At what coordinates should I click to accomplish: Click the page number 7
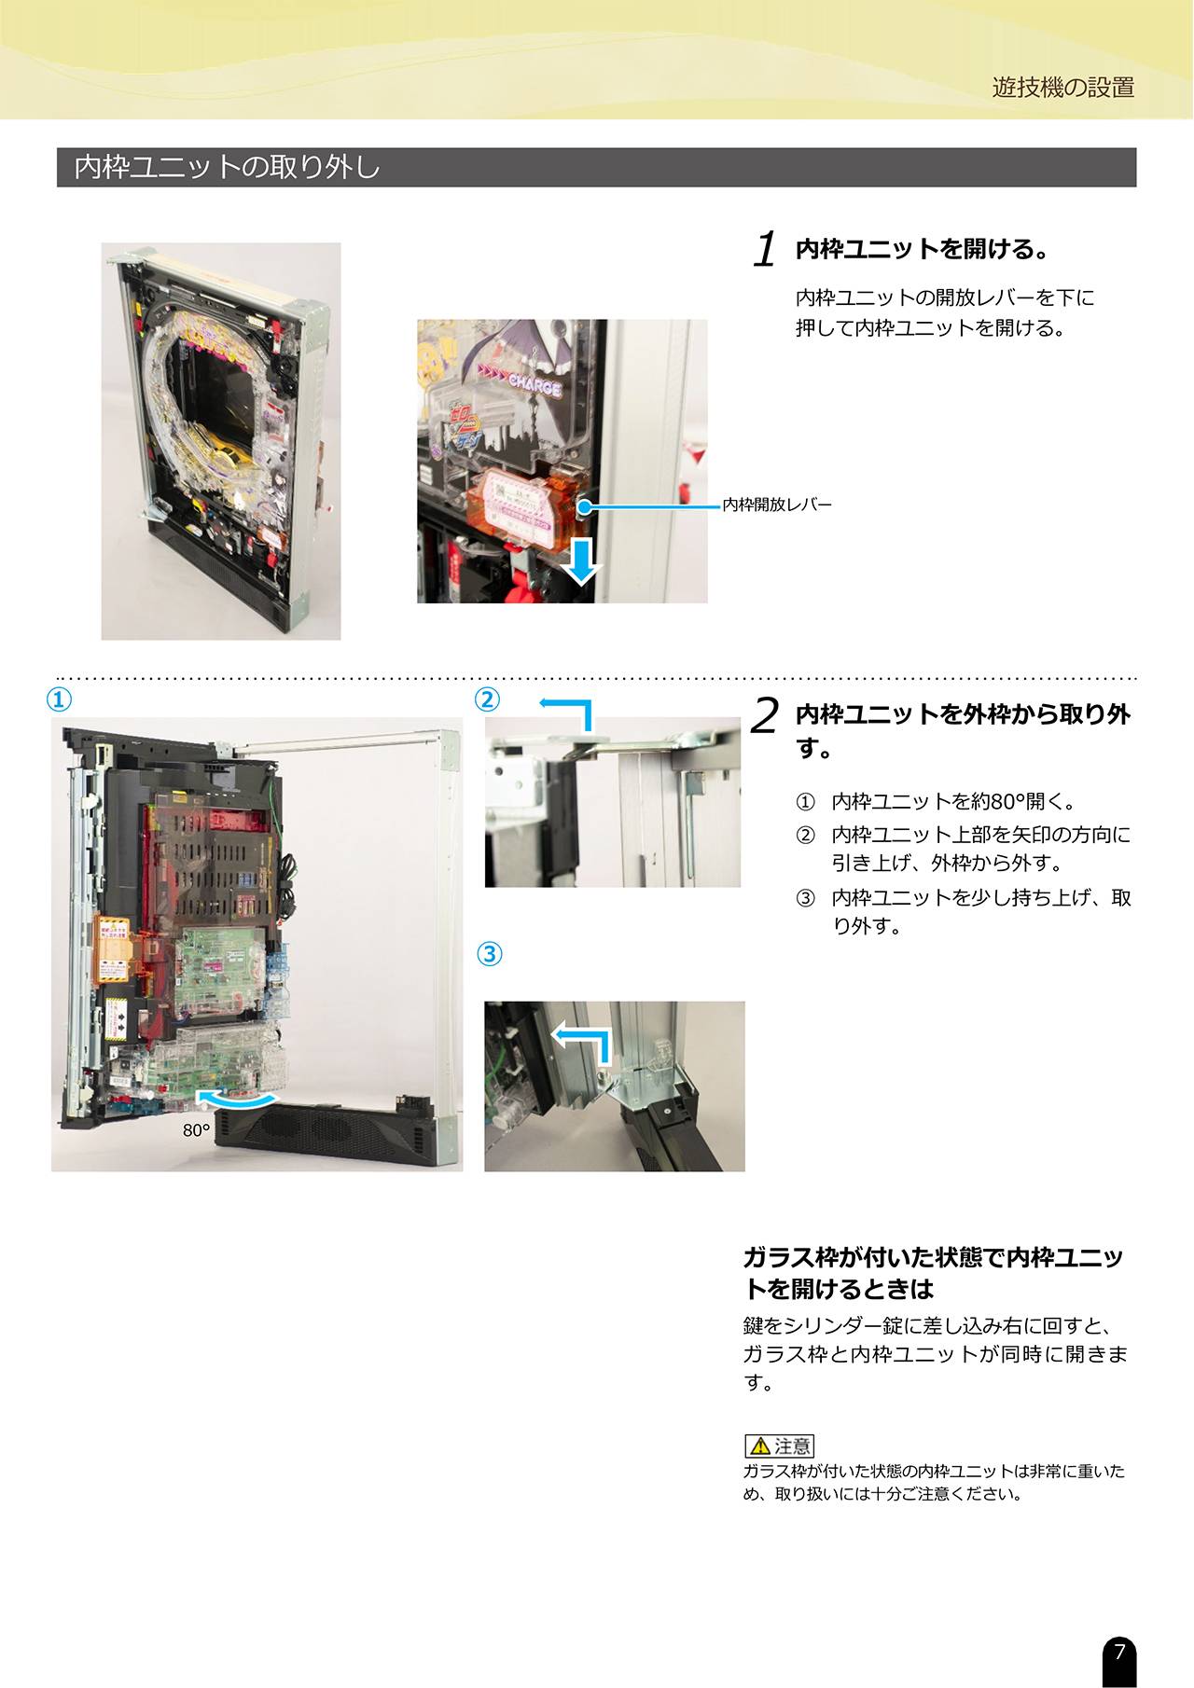(x=1119, y=1651)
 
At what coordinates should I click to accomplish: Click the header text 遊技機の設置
(x=1063, y=88)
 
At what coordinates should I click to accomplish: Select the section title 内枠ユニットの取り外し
(x=227, y=167)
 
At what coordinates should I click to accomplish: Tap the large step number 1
(x=765, y=249)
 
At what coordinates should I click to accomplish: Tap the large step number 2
(x=764, y=715)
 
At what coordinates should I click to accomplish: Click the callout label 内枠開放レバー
(x=777, y=505)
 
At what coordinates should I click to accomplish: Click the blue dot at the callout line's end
(x=584, y=506)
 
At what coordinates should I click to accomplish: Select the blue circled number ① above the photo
(x=60, y=699)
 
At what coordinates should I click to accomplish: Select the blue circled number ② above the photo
(x=488, y=699)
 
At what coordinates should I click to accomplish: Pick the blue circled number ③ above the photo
(x=490, y=954)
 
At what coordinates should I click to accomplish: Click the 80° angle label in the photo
(x=196, y=1130)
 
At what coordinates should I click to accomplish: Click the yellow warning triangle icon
(x=760, y=1446)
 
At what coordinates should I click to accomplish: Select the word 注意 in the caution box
(x=793, y=1446)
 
